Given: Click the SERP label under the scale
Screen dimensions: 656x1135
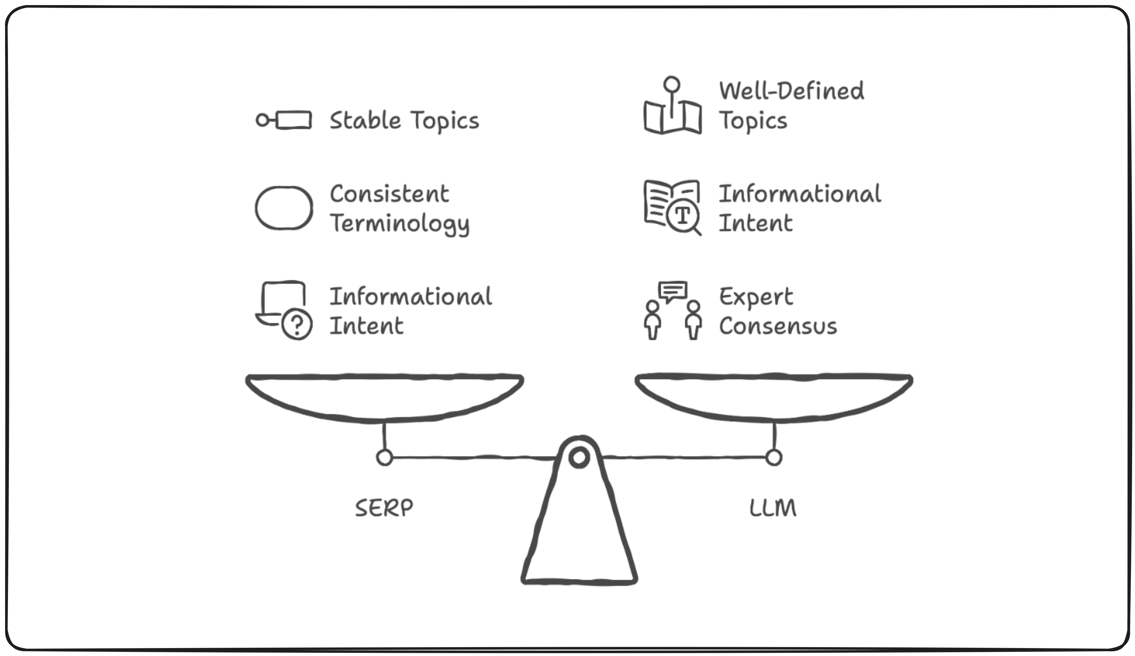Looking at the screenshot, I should pos(384,508).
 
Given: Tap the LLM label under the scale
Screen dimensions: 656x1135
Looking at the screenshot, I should pos(772,508).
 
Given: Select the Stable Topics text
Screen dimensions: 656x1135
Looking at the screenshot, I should pos(404,121).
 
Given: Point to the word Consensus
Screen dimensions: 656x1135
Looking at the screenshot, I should pos(778,326).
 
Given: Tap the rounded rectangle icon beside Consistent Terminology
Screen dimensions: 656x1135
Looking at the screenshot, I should pos(284,208).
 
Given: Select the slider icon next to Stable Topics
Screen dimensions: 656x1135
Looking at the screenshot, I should pos(284,120).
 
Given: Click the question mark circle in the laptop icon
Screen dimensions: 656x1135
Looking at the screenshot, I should pos(297,324).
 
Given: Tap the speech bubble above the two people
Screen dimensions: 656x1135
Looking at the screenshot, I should pos(672,291).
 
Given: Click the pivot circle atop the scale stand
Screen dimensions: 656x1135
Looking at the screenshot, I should pos(579,457).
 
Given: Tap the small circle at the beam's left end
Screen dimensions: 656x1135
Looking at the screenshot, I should pos(384,457).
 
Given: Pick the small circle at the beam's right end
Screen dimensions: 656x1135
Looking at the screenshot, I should pos(773,457).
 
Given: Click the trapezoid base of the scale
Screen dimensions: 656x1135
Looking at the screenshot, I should pos(579,540).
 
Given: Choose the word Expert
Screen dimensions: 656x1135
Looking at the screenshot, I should pos(756,297).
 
